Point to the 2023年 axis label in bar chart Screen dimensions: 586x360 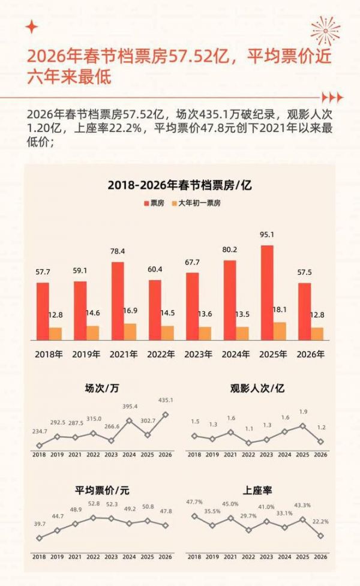(199, 354)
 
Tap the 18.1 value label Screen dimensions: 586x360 (279, 310)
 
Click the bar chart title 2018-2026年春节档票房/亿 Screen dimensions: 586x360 (179, 185)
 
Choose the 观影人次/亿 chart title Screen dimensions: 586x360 (257, 388)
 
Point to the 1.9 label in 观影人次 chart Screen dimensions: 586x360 (303, 412)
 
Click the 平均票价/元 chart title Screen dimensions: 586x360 (102, 491)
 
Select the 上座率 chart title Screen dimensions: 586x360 (257, 491)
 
